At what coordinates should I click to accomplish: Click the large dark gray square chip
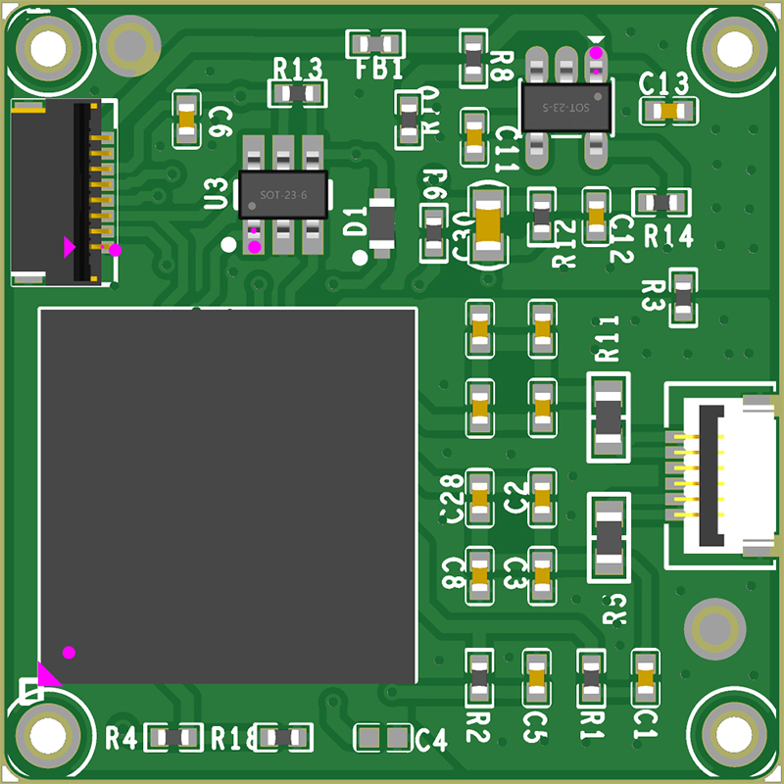click(227, 495)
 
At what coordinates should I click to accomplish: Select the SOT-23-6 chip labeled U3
click(283, 194)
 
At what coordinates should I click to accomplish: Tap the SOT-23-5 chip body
click(567, 106)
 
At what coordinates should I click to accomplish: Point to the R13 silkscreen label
click(297, 69)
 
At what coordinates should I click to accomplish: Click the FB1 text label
click(378, 70)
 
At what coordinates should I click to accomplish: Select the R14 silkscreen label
click(668, 236)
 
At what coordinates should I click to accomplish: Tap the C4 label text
click(431, 741)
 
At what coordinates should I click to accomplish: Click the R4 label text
click(122, 737)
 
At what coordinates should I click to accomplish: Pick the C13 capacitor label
click(663, 84)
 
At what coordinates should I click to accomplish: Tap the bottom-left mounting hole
click(46, 734)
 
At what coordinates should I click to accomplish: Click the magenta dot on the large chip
click(69, 652)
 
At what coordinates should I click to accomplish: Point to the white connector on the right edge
click(725, 475)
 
